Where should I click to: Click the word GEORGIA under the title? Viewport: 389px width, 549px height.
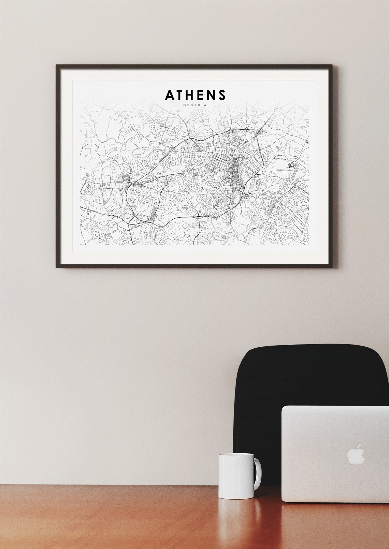click(x=195, y=105)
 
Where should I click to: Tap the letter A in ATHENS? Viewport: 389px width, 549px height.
click(x=170, y=95)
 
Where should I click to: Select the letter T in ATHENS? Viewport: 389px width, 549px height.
click(x=181, y=95)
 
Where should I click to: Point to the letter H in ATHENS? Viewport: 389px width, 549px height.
click(x=192, y=95)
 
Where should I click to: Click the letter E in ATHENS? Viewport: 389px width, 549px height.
click(x=203, y=95)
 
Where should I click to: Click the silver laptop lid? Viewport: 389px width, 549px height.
click(x=334, y=453)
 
